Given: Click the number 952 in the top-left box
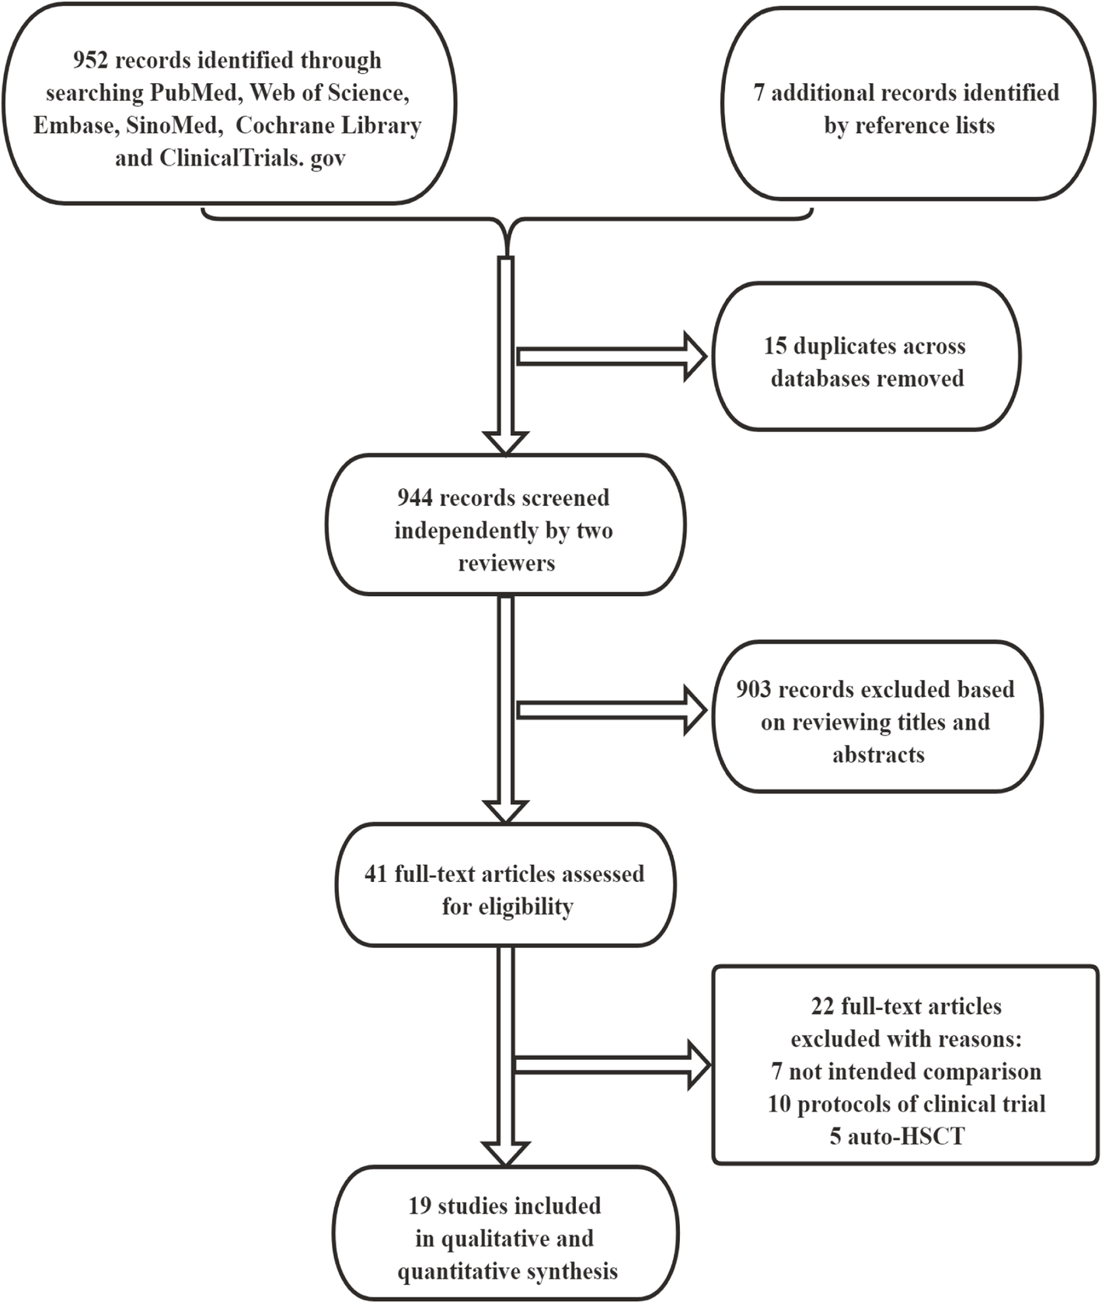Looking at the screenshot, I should (91, 61).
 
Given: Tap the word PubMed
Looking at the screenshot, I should (193, 93).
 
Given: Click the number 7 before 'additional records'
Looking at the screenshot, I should (758, 93).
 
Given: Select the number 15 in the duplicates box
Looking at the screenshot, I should (775, 346).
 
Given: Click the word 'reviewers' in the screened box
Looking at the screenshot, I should (506, 563).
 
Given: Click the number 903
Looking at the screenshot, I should (754, 690).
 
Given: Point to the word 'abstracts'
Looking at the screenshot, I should (878, 755).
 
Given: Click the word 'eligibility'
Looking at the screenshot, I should (507, 907).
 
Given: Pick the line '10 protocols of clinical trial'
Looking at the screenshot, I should (906, 1104).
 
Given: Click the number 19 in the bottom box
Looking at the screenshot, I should (420, 1206).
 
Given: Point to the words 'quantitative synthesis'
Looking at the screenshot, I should (507, 1272).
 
